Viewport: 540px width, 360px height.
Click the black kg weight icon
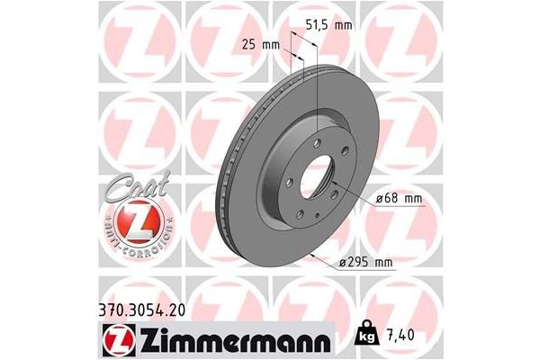click(368, 337)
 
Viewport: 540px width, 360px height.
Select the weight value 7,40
click(402, 337)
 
